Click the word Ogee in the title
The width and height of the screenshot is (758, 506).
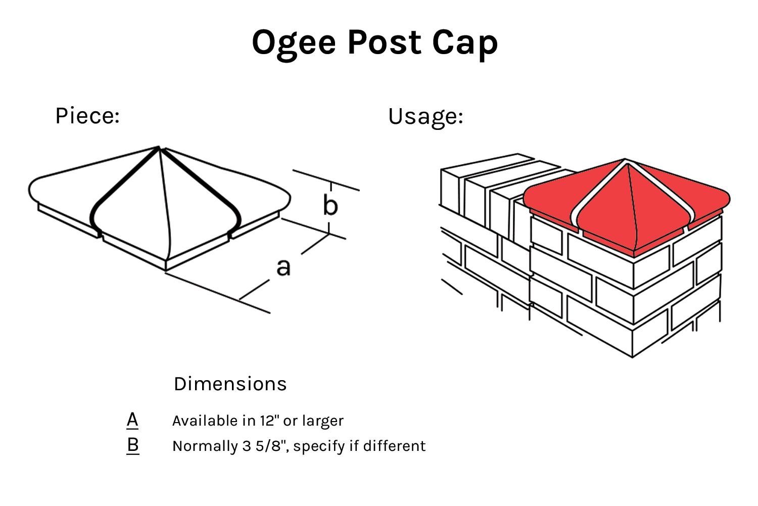[x=294, y=43]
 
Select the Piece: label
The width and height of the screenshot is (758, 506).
[x=87, y=116]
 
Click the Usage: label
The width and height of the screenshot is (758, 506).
[x=425, y=116]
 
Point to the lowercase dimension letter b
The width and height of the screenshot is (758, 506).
[x=330, y=206]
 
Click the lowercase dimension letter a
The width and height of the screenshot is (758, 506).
[x=283, y=267]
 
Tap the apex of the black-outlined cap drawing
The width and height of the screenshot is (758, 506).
[x=159, y=148]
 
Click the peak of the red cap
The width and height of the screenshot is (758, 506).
[x=625, y=160]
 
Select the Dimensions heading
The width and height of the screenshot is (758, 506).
[x=230, y=384]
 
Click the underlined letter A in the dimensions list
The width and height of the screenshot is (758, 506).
[x=132, y=420]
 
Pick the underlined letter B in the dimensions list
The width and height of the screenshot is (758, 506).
[x=132, y=445]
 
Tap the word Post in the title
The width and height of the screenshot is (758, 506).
[x=384, y=43]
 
